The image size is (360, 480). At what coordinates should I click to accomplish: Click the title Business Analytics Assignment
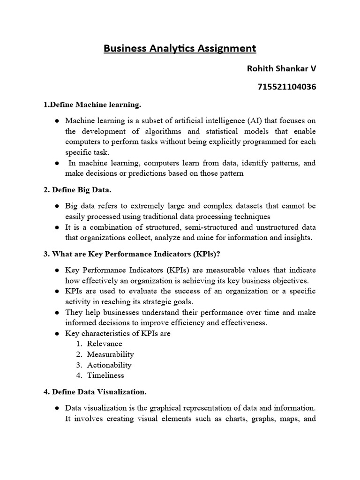pyautogui.click(x=180, y=48)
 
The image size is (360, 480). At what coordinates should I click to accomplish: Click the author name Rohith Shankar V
pyautogui.click(x=281, y=68)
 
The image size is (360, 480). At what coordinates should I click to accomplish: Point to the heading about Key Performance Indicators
pyautogui.click(x=132, y=254)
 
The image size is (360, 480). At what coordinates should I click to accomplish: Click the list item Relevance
pyautogui.click(x=104, y=344)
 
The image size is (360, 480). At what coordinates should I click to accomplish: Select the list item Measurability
pyautogui.click(x=110, y=354)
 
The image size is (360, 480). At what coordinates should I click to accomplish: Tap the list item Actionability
pyautogui.click(x=109, y=365)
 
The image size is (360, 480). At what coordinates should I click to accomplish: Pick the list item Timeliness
pyautogui.click(x=105, y=375)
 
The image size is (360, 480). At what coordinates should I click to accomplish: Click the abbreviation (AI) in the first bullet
pyautogui.click(x=247, y=120)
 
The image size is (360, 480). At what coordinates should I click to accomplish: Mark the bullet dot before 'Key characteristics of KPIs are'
pyautogui.click(x=56, y=334)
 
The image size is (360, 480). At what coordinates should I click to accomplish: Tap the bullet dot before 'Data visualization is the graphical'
pyautogui.click(x=56, y=408)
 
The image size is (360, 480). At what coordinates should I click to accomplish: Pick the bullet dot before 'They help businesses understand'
pyautogui.click(x=56, y=313)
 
